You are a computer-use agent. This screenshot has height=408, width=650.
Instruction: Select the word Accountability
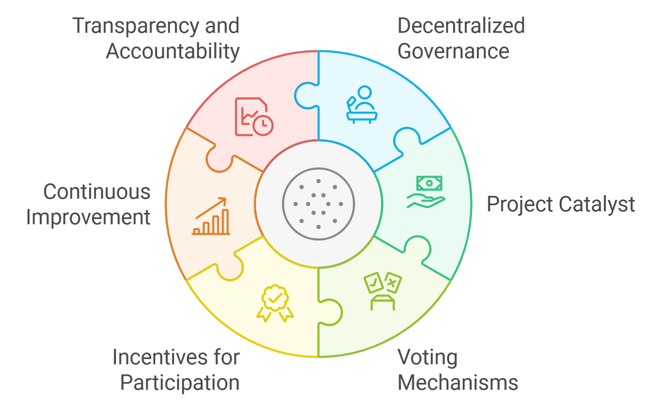(x=173, y=52)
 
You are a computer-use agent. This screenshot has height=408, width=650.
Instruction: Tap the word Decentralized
(x=461, y=26)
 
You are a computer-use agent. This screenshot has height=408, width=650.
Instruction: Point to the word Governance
(x=453, y=52)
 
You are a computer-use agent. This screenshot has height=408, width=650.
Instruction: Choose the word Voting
(x=428, y=358)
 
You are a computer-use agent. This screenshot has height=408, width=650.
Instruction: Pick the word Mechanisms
(x=458, y=383)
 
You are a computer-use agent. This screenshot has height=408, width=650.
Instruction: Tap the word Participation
(x=180, y=383)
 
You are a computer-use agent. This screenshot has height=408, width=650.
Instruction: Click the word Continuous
(x=97, y=192)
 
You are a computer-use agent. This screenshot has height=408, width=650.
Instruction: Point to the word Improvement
(x=88, y=217)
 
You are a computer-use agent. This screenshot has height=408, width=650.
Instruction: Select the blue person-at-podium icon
(x=362, y=104)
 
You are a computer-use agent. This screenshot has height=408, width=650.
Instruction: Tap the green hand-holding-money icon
(x=426, y=192)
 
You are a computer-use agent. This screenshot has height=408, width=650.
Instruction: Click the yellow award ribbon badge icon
(x=275, y=303)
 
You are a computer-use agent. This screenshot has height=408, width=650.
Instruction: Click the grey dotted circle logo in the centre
(x=318, y=204)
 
